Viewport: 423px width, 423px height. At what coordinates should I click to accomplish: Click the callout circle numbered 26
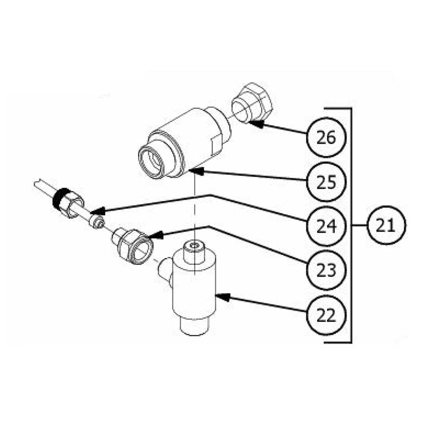pos(326,137)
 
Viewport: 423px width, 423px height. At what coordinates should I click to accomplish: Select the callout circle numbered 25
pos(326,182)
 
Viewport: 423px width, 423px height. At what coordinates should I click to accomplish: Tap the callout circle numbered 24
pos(326,226)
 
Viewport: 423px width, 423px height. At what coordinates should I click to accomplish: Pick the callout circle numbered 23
pos(326,270)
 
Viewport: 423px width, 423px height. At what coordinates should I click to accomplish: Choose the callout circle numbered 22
pos(326,315)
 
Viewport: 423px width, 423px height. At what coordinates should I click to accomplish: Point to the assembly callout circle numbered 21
pos(386,225)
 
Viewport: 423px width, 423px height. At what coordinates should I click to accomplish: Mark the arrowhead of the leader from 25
pos(196,171)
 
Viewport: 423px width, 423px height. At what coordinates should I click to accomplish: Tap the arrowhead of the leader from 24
pos(98,211)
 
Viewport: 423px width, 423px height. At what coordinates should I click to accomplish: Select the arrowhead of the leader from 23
pos(155,235)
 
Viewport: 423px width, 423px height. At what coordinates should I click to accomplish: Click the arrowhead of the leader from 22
pos(222,297)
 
